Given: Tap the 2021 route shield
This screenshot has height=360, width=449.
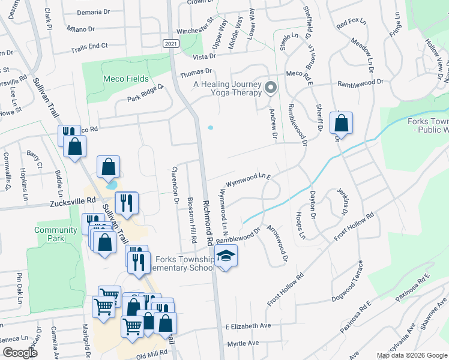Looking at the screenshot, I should click(170, 43).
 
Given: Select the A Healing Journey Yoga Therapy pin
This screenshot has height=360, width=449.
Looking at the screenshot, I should click(271, 88).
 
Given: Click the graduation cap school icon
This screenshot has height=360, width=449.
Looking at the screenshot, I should click(226, 257).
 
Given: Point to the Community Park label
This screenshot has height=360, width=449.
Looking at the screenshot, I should click(56, 234).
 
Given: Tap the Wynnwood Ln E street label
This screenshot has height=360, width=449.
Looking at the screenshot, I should click(249, 181).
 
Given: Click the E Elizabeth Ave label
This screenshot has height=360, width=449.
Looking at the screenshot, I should click(249, 326).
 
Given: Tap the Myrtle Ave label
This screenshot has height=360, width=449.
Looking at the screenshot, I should click(243, 343).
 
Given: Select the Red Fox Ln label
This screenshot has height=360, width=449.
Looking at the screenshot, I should click(351, 24).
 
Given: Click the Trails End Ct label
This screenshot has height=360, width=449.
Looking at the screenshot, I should click(89, 46).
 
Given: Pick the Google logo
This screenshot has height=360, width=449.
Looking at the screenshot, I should click(20, 352).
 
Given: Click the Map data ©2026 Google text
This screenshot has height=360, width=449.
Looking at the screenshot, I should click(412, 355).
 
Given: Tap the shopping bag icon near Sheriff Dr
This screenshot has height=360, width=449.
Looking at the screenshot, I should click(341, 124).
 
